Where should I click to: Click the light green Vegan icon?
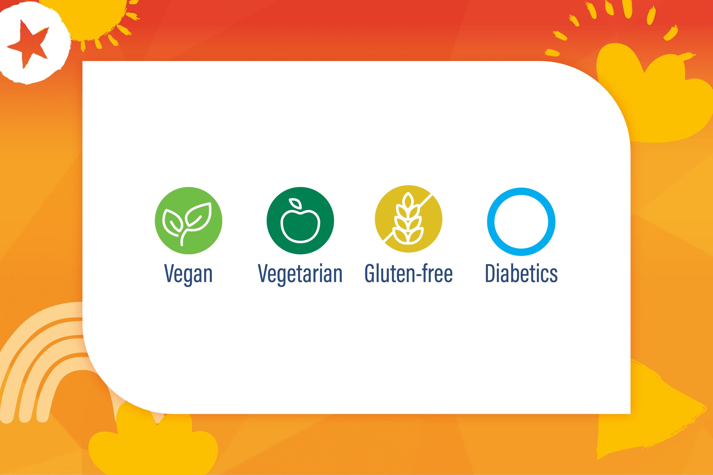tap(189, 220)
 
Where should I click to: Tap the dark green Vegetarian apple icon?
tap(300, 220)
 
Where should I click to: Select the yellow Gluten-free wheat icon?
tap(409, 219)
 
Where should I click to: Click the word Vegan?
tap(188, 274)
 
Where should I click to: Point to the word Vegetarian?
tap(300, 274)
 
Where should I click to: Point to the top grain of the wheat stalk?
tap(409, 199)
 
